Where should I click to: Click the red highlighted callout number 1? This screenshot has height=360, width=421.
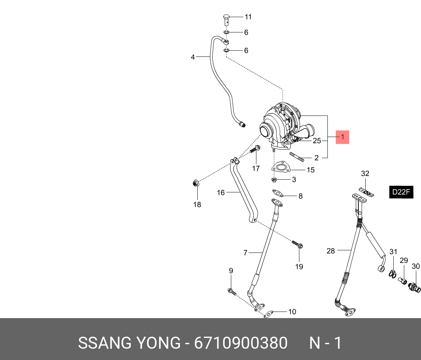coord(342,137)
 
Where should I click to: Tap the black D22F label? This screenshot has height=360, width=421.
coord(402,192)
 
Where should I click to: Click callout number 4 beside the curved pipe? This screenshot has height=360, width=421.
coord(193,57)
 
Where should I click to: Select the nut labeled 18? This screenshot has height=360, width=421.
coord(196,183)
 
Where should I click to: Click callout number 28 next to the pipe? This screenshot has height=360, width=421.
coord(330,251)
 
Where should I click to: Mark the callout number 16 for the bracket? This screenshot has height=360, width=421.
coord(221,192)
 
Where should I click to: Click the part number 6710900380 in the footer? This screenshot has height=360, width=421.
coord(241,343)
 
